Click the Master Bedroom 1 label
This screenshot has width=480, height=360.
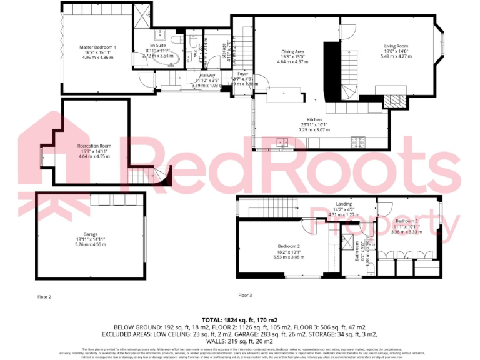(97, 47)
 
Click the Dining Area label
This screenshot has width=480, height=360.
(292, 51)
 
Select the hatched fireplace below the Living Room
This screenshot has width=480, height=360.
(392, 101)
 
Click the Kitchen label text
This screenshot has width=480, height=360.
(314, 119)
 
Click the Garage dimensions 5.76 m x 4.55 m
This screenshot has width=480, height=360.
(91, 244)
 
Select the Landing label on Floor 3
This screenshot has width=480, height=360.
(344, 204)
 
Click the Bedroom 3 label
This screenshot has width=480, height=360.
(406, 221)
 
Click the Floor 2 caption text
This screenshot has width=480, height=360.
(44, 296)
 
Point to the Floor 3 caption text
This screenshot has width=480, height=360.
(245, 295)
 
